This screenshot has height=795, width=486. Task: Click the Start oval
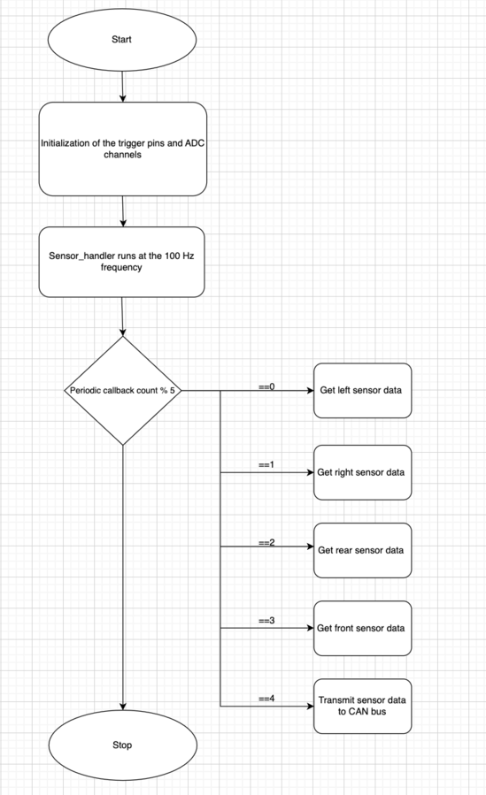122,40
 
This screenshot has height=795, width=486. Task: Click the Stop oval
122,745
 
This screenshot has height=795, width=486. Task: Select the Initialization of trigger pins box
123,149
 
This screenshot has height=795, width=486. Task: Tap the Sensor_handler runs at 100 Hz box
122,262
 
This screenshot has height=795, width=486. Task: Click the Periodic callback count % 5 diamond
123,390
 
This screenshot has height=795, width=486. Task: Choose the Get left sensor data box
362,390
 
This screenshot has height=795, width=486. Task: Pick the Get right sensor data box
362,472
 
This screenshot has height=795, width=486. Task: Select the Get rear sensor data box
362,550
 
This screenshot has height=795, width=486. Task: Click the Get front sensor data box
362,628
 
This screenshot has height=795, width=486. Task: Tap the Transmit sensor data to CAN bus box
362,706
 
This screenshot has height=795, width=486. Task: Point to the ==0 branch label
266,386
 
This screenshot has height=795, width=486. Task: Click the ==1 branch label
266,464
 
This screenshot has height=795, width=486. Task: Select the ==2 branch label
266,542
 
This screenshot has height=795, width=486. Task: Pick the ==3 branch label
266,621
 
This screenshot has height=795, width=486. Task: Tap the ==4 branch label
266,699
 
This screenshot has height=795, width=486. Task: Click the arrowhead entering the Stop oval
123,707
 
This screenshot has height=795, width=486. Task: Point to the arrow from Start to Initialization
122,87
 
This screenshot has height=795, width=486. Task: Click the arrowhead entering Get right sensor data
310,472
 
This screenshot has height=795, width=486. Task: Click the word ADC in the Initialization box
195,143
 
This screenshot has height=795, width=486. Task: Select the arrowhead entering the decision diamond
123,333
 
